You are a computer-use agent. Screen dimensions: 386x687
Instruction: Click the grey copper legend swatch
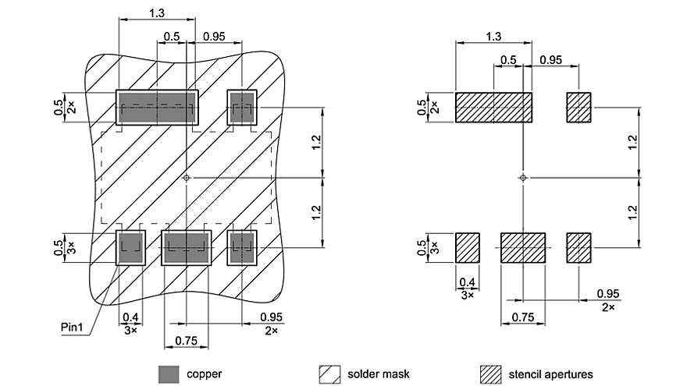pyautogui.click(x=169, y=374)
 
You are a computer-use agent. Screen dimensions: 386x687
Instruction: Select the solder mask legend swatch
pyautogui.click(x=329, y=374)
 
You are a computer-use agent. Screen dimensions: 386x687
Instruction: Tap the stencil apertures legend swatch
pyautogui.click(x=490, y=374)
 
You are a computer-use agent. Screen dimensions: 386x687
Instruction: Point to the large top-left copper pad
pyautogui.click(x=157, y=107)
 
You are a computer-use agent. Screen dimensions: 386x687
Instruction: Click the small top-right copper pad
pyautogui.click(x=242, y=107)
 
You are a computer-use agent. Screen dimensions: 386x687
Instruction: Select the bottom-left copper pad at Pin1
pyautogui.click(x=131, y=248)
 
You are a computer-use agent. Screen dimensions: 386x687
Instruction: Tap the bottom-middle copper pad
pyautogui.click(x=187, y=248)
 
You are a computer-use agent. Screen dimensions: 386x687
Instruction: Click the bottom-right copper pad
pyautogui.click(x=242, y=248)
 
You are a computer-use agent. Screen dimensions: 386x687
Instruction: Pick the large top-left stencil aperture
pyautogui.click(x=493, y=107)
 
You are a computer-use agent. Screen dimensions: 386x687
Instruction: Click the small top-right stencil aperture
pyautogui.click(x=578, y=107)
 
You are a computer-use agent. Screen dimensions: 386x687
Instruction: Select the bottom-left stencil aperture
pyautogui.click(x=467, y=248)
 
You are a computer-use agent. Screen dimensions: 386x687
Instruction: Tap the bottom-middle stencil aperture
pyautogui.click(x=523, y=248)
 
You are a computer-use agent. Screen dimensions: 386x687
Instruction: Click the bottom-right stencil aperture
pyautogui.click(x=578, y=248)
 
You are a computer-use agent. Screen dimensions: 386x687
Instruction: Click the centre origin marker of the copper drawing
pyautogui.click(x=187, y=178)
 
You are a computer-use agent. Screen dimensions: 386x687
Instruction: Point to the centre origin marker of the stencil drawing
pyautogui.click(x=523, y=178)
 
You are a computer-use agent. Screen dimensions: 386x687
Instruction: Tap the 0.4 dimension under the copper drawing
pyautogui.click(x=130, y=317)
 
